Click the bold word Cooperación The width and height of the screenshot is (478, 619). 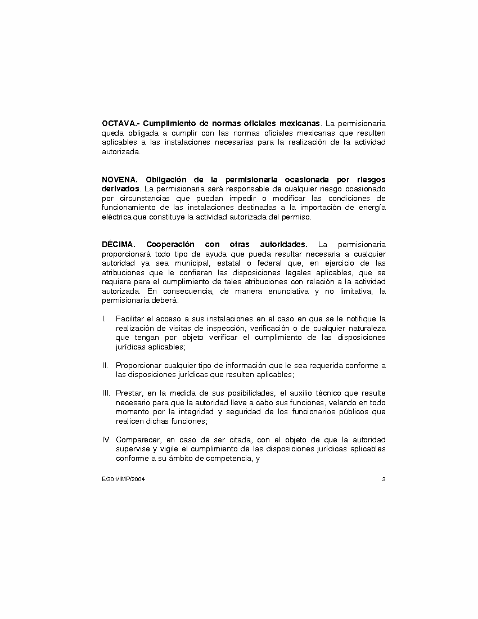(170, 244)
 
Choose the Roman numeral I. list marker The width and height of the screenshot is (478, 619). (104, 319)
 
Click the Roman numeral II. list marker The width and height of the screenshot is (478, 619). (105, 365)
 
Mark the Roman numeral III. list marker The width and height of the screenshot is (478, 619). (106, 393)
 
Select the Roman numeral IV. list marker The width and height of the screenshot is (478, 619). (106, 439)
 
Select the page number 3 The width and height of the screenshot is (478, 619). (384, 479)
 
